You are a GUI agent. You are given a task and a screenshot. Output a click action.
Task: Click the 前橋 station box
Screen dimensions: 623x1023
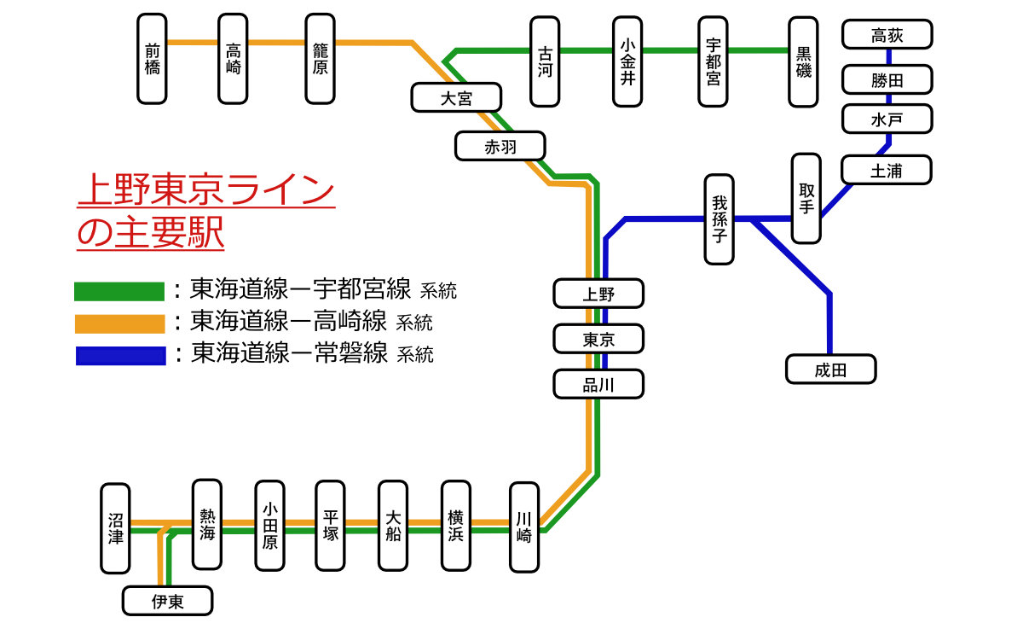pyautogui.click(x=152, y=59)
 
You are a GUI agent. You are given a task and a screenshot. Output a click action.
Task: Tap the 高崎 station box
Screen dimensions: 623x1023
pyautogui.click(x=233, y=59)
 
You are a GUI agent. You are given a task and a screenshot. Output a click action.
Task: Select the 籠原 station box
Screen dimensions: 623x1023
pyautogui.click(x=320, y=59)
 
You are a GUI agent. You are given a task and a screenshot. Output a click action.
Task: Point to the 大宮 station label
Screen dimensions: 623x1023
pyautogui.click(x=456, y=97)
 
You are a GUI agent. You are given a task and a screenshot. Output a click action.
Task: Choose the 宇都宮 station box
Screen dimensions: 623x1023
pyautogui.click(x=713, y=61)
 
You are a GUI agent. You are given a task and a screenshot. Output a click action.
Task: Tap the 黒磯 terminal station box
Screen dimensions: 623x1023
pyautogui.click(x=803, y=61)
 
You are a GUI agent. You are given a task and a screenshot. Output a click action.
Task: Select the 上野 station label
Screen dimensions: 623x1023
pyautogui.click(x=598, y=294)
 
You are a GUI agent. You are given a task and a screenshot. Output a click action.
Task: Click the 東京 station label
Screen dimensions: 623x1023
pyautogui.click(x=598, y=339)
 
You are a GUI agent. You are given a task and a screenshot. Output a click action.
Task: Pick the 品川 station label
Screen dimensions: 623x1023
pyautogui.click(x=598, y=384)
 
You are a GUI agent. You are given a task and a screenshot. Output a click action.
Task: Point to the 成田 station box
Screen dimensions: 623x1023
pyautogui.click(x=830, y=370)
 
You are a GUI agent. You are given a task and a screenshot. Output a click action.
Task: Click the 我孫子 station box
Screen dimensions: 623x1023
pyautogui.click(x=719, y=219)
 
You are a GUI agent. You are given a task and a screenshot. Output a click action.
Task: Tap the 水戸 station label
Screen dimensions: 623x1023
pyautogui.click(x=887, y=119)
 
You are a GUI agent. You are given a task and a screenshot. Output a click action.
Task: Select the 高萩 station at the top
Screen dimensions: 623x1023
pyautogui.click(x=887, y=36)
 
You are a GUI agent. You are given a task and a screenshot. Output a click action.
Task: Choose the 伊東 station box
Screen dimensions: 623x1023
pyautogui.click(x=167, y=601)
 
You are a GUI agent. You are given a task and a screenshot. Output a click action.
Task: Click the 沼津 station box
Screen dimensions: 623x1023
pyautogui.click(x=115, y=528)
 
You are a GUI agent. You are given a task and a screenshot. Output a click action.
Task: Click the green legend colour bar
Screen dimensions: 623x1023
pyautogui.click(x=118, y=292)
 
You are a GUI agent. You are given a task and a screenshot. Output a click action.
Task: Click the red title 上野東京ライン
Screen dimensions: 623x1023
pyautogui.click(x=205, y=192)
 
